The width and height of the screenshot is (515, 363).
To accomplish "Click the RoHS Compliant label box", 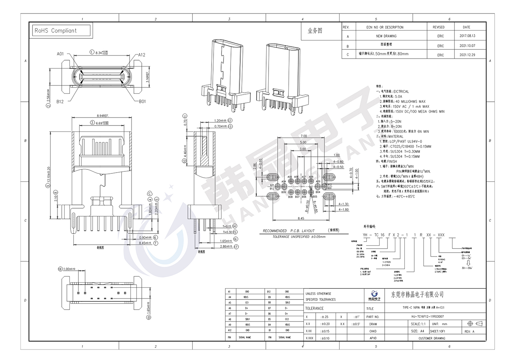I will (x=61, y=30).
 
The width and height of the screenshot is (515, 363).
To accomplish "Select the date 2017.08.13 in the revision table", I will (x=467, y=36).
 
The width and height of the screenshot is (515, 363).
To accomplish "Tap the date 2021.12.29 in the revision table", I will (x=467, y=55).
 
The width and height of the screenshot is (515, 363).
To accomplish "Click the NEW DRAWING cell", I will (x=386, y=36).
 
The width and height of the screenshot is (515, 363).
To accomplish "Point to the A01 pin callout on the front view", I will (x=60, y=54).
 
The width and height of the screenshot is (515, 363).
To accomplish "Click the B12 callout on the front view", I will (x=60, y=102).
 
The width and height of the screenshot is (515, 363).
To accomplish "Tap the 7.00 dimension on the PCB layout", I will (x=304, y=136).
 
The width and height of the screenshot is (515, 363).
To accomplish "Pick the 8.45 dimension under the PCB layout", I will (x=301, y=218).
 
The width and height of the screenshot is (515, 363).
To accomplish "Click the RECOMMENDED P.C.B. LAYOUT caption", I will (x=289, y=231).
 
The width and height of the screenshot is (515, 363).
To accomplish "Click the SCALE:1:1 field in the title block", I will (x=422, y=324).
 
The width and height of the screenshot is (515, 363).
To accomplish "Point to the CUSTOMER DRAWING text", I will (x=432, y=338).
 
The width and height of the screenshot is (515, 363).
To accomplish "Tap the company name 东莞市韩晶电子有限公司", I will (x=417, y=295).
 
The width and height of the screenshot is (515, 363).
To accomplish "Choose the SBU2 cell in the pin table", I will (x=287, y=302).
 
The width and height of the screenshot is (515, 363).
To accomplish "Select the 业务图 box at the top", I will (x=315, y=30).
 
